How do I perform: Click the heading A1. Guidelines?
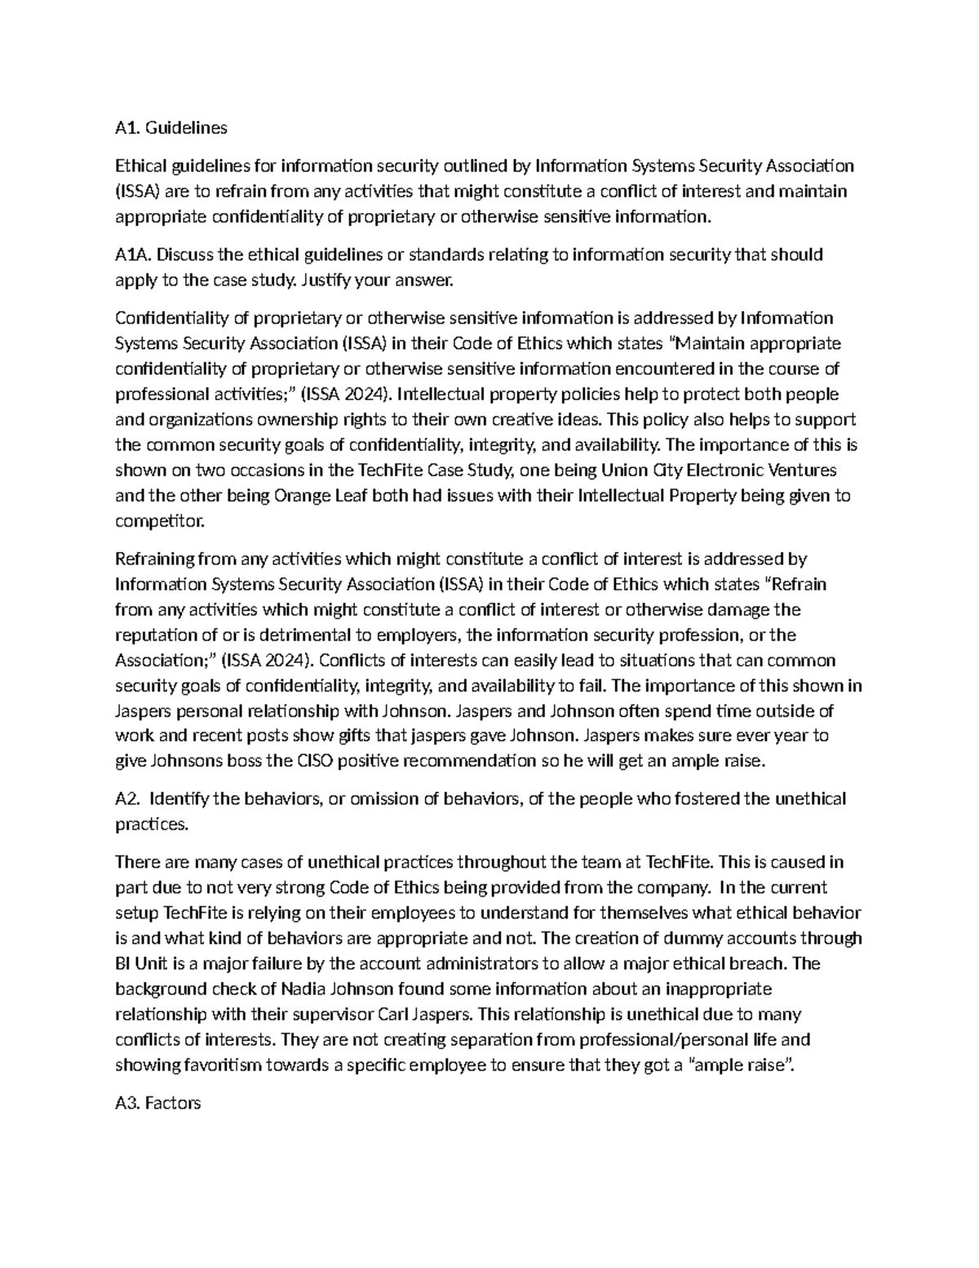coord(171,128)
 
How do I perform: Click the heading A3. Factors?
coord(158,1103)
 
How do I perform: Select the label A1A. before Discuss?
coord(132,255)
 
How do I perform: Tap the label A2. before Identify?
coord(127,799)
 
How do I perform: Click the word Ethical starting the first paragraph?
coord(140,167)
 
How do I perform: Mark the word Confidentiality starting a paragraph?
coord(170,318)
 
